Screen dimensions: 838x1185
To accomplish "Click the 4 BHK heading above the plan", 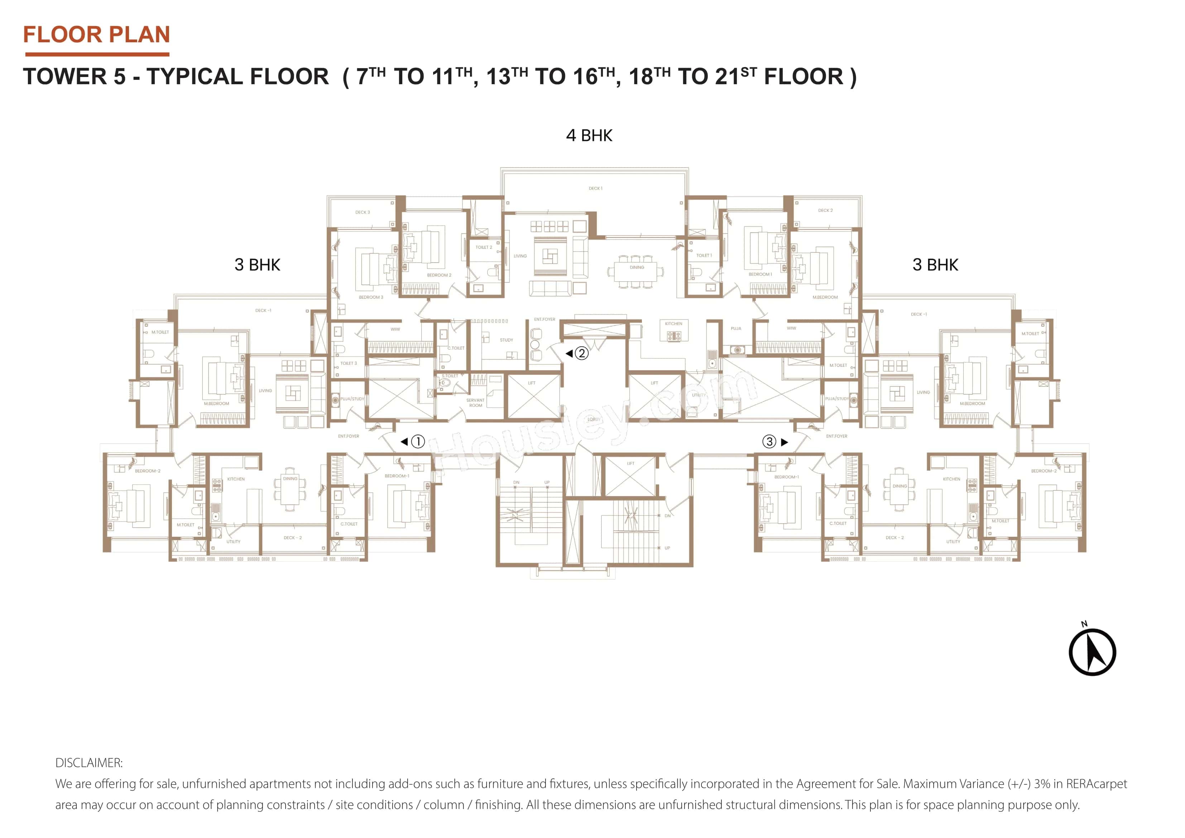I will pyautogui.click(x=589, y=135).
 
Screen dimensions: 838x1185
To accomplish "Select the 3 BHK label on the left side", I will pyautogui.click(x=257, y=264).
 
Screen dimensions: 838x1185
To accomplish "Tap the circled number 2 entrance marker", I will pyautogui.click(x=581, y=353).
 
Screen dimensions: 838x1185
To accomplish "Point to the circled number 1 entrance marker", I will pyautogui.click(x=418, y=441).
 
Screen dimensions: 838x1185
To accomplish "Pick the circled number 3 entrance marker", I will pyautogui.click(x=769, y=441).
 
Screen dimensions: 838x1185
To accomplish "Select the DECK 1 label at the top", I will pyautogui.click(x=595, y=188).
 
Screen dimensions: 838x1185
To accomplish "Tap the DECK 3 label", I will pyautogui.click(x=362, y=212).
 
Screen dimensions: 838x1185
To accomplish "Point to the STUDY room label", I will pyautogui.click(x=506, y=340).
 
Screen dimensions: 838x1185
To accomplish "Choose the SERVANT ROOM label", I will pyautogui.click(x=475, y=403).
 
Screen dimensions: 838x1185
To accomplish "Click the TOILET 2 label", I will pyautogui.click(x=484, y=247).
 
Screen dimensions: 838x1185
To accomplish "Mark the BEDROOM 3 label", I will pyautogui.click(x=370, y=297).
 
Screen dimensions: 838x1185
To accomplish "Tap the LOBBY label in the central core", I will pyautogui.click(x=594, y=419).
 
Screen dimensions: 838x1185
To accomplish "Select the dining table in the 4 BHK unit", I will pyautogui.click(x=635, y=272).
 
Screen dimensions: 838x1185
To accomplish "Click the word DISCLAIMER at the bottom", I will pyautogui.click(x=89, y=763).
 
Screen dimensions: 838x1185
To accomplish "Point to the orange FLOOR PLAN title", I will pyautogui.click(x=96, y=35).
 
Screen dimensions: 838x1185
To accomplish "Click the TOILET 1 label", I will pyautogui.click(x=704, y=255).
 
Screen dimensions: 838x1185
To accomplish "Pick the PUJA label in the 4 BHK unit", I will pyautogui.click(x=735, y=329).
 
